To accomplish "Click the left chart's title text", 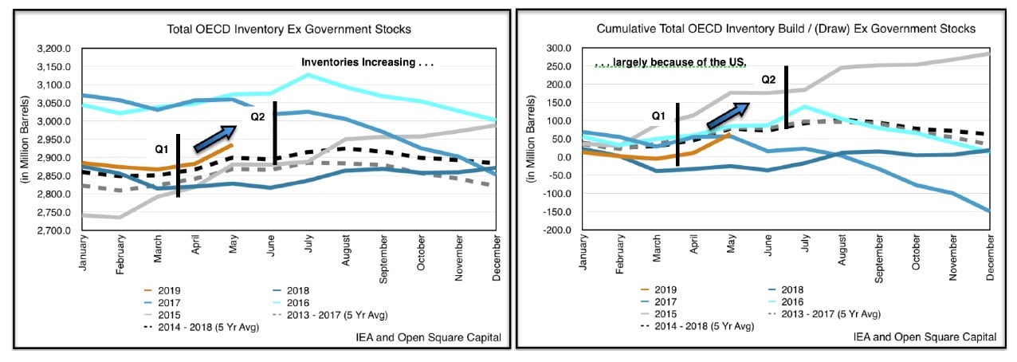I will point(289,30).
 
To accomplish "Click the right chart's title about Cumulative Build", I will point(786,29).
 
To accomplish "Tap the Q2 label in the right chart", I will point(768,80).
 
